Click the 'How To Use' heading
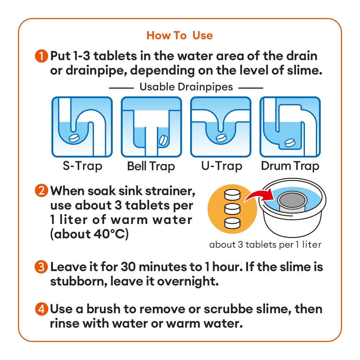180,36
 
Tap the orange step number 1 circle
41,56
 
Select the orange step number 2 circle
41,190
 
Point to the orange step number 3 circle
41,267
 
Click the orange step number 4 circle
41,309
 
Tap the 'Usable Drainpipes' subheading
186,87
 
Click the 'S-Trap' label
82,166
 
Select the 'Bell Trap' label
151,166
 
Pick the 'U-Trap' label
221,166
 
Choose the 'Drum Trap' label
290,166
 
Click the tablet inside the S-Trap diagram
74,138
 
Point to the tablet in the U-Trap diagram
221,138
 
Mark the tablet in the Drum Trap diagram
290,143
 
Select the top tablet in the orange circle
232,195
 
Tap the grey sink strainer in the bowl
292,202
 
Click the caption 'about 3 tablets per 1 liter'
265,245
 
